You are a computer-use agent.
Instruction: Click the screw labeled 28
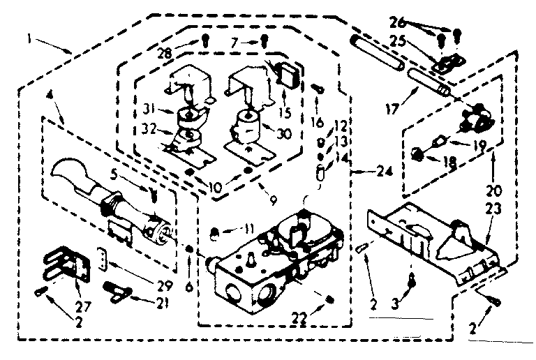(x=204, y=40)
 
